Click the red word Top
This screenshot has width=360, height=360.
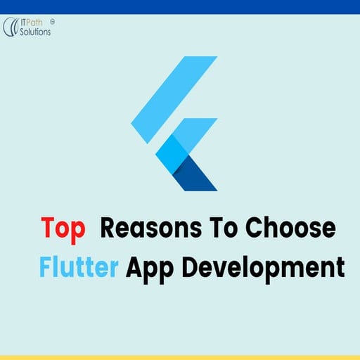point(63,229)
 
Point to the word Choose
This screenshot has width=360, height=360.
point(295,229)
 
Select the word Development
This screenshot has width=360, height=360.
point(259,269)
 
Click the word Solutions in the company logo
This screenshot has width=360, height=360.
point(36,32)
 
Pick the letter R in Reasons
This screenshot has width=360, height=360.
point(110,229)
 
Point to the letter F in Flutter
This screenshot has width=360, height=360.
point(46,267)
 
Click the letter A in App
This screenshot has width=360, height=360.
point(134,267)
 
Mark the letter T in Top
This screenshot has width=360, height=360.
point(48,229)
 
